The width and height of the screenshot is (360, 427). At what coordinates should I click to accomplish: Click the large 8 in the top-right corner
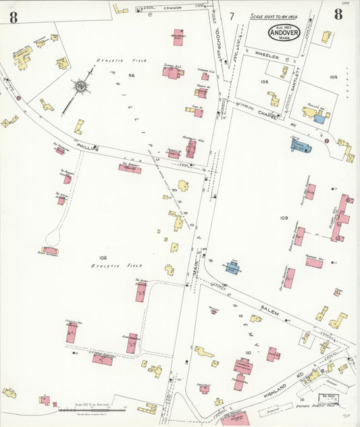pyautogui.click(x=338, y=15)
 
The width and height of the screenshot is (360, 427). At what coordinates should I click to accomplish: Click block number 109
pyautogui.click(x=283, y=218)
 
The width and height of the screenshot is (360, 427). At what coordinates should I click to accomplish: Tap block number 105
pyautogui.click(x=103, y=257)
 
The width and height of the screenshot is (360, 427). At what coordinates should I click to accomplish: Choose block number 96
pyautogui.click(x=132, y=75)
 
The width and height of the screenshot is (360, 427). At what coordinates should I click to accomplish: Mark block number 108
pyautogui.click(x=264, y=80)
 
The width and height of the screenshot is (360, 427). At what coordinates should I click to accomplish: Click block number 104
pyautogui.click(x=333, y=77)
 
